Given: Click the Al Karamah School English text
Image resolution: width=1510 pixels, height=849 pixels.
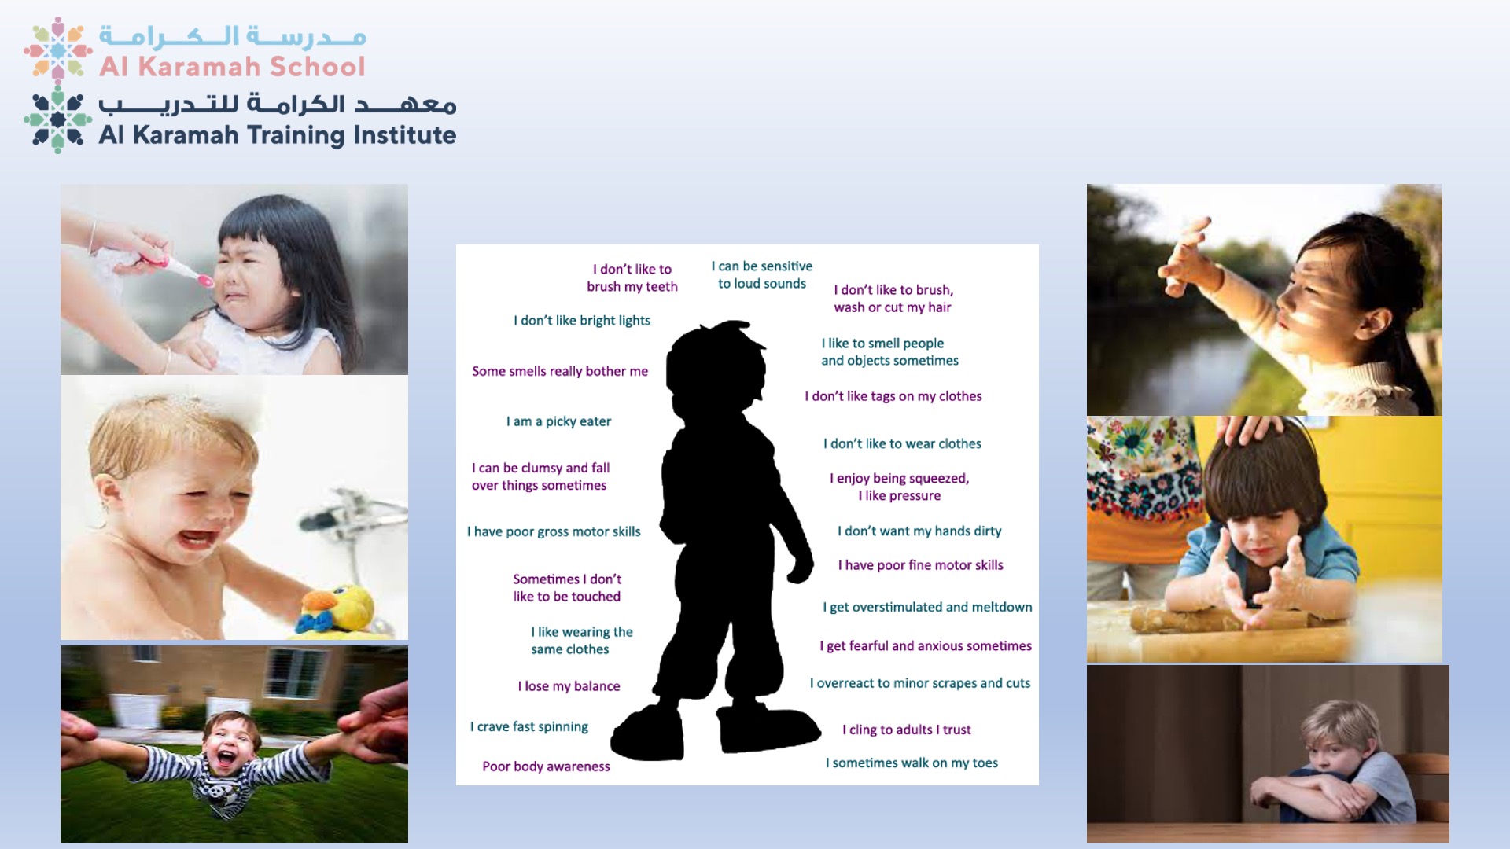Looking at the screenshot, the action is click(x=232, y=67).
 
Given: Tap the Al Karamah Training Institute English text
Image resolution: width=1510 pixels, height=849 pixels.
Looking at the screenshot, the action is click(x=277, y=135).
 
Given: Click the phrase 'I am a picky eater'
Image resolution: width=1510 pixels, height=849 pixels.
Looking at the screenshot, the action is click(x=558, y=421).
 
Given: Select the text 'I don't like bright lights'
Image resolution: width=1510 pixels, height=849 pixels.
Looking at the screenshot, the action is click(x=582, y=321).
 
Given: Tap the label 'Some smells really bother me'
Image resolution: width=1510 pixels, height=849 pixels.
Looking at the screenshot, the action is click(x=560, y=371).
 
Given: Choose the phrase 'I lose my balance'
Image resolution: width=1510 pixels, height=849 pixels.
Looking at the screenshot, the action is click(x=569, y=686).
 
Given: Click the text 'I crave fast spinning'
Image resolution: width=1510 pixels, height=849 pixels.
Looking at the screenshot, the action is click(x=529, y=727).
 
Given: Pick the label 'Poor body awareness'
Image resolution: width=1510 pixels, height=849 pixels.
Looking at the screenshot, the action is click(x=546, y=766).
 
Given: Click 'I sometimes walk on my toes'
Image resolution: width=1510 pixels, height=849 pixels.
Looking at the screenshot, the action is click(x=912, y=763).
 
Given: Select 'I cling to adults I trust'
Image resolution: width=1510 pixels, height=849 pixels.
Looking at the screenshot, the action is click(x=907, y=730).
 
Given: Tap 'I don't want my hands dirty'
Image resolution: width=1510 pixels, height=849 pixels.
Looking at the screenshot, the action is click(x=919, y=531).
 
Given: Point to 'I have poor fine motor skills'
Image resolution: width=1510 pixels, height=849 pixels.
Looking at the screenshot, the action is click(x=920, y=565).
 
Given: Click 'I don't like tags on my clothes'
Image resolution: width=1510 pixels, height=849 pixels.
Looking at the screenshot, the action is click(x=893, y=396).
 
